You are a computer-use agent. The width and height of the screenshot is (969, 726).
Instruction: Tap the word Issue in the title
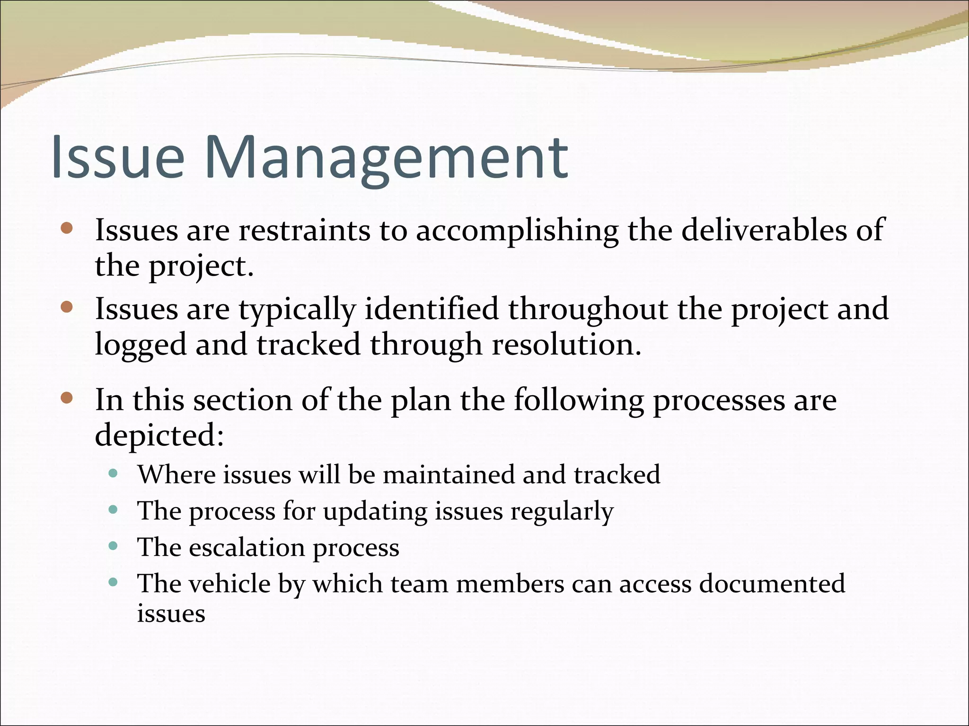[x=118, y=157]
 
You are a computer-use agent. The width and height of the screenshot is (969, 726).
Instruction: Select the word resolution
[x=566, y=344]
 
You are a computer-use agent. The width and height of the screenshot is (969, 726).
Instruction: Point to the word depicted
[x=159, y=435]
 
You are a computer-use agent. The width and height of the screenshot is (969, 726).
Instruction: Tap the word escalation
[x=247, y=547]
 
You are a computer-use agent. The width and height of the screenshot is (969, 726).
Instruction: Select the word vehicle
[x=229, y=583]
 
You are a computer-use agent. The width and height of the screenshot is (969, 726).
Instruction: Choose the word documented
[x=772, y=583]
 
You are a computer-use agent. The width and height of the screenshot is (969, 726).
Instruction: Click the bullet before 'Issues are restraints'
[x=67, y=229]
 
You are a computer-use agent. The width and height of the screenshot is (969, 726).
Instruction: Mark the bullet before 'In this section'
[x=67, y=398]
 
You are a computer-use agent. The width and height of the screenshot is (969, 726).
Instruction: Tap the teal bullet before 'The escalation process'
[x=113, y=546]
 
